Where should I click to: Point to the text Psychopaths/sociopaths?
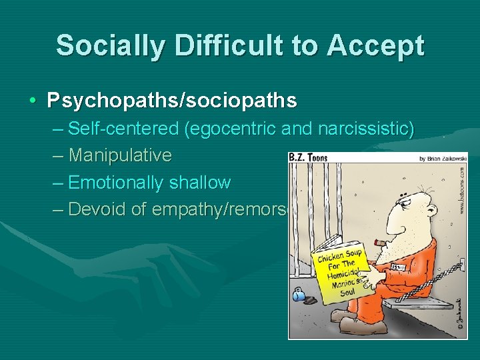[172, 101]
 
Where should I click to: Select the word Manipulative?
[120, 155]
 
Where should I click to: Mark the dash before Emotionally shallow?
[58, 183]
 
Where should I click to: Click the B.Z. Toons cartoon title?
[308, 158]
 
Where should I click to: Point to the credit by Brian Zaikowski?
[443, 159]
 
